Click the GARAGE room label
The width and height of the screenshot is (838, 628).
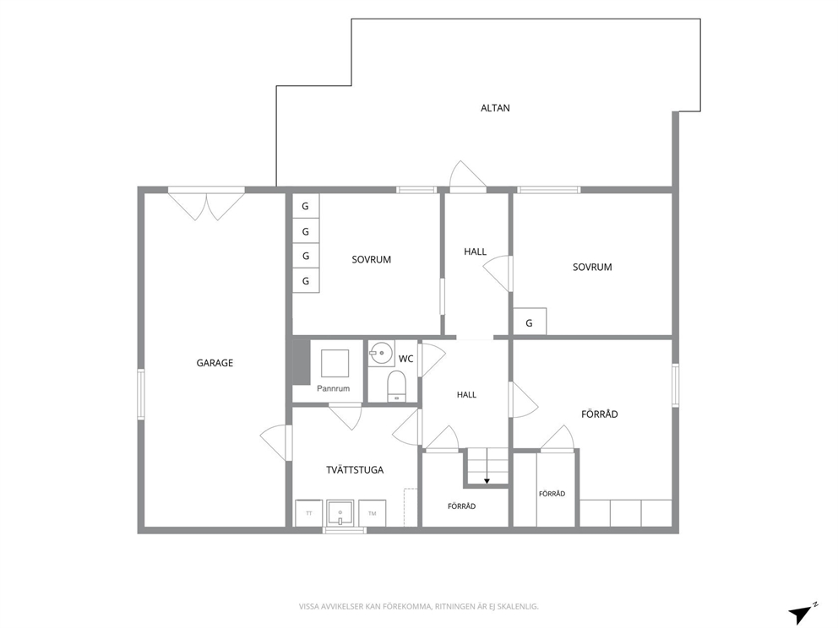click(215, 363)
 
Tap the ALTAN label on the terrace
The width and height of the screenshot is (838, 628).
click(495, 108)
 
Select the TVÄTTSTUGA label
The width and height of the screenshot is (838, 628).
click(355, 470)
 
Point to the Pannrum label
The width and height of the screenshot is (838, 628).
click(333, 388)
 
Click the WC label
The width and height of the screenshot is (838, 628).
click(406, 359)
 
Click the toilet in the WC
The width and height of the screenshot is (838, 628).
click(396, 386)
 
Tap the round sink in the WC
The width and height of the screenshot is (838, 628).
click(381, 353)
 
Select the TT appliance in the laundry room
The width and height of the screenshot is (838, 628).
click(309, 513)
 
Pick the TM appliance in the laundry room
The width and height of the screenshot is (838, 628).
click(372, 513)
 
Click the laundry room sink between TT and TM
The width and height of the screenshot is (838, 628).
click(340, 513)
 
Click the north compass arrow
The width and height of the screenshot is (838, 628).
click(801, 614)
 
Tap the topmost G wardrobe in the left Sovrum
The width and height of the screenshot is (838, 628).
click(306, 206)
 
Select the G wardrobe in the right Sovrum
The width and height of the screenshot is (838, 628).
click(530, 322)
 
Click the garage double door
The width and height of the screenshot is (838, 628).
click(206, 205)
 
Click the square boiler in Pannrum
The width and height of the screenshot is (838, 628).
click(335, 363)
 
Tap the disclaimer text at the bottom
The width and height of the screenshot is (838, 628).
click(418, 607)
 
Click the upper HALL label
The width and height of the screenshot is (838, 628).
click(475, 252)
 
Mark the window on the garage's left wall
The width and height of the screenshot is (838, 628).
click(141, 394)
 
